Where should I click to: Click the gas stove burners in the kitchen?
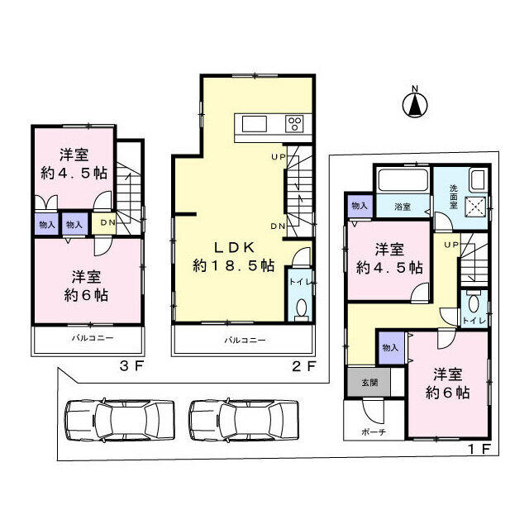pyautogui.click(x=294, y=124)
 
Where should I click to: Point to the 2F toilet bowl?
pyautogui.click(x=302, y=307)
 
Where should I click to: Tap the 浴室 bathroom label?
pyautogui.click(x=403, y=207)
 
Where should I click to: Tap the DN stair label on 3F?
pyautogui.click(x=107, y=222)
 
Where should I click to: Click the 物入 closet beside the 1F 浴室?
pyautogui.click(x=359, y=206)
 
